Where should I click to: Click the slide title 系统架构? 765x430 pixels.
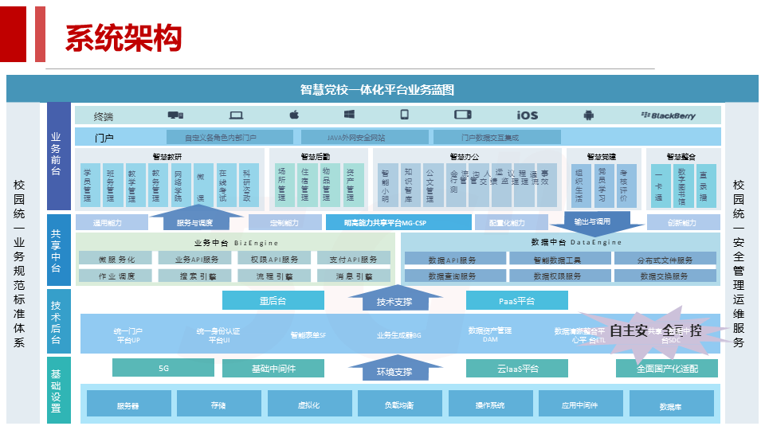(124, 37)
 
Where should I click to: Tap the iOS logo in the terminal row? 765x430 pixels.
(527, 115)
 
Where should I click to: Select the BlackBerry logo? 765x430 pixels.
(668, 115)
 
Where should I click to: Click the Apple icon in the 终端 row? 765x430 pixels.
(294, 115)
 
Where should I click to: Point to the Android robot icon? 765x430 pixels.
(588, 115)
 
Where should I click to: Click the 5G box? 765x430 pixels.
(163, 368)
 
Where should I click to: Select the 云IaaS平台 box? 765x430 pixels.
(517, 368)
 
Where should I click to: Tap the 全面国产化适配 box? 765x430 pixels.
(666, 368)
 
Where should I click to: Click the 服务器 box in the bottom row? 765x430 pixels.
(127, 405)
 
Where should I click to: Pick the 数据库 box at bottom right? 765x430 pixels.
(670, 405)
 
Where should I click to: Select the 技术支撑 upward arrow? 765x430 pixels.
(394, 301)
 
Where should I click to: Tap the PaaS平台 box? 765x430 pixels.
(517, 300)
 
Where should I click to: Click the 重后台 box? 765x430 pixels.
(273, 300)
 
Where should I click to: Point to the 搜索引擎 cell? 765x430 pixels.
(195, 276)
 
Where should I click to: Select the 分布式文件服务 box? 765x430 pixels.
(665, 259)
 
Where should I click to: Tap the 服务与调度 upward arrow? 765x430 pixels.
(194, 221)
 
